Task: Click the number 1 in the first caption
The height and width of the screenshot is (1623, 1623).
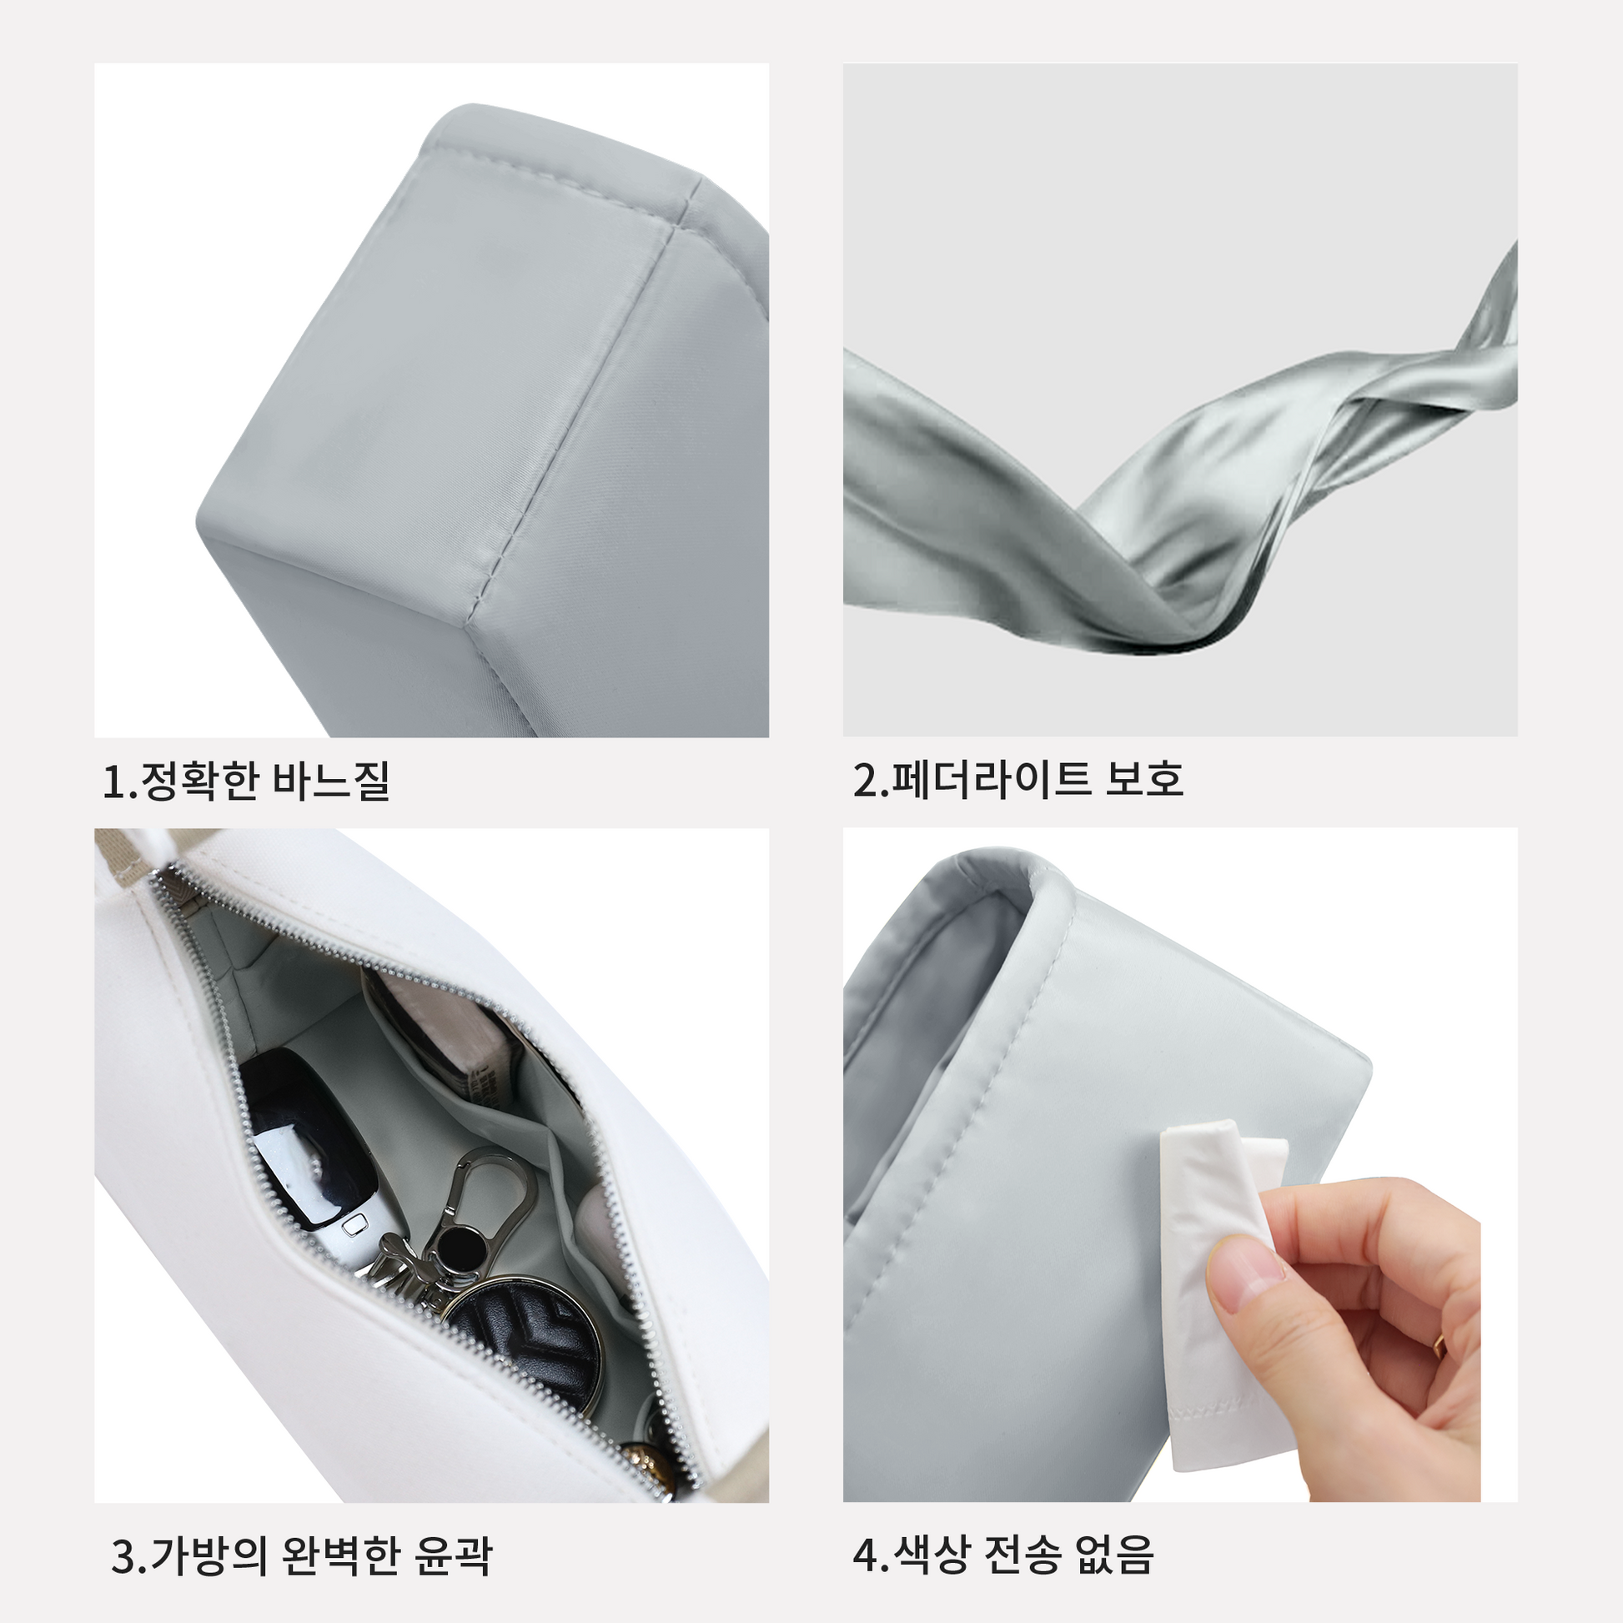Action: [112, 781]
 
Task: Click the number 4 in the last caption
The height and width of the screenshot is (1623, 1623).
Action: [864, 1555]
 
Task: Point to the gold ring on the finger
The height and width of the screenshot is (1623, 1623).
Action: [1439, 1344]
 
